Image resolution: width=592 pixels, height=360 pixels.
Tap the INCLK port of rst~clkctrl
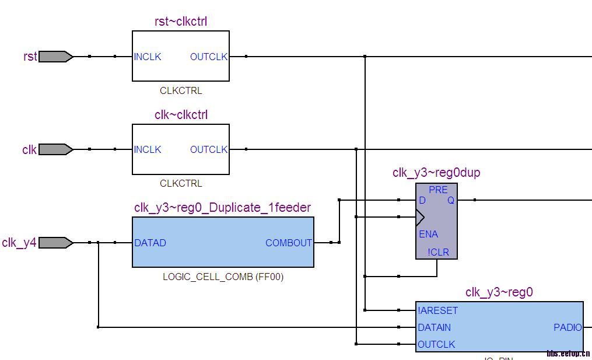pos(148,57)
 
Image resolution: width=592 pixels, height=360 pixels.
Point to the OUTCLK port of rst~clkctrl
pos(209,57)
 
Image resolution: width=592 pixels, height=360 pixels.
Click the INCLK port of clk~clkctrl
pos(148,150)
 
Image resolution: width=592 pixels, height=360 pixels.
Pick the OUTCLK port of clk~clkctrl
pos(209,150)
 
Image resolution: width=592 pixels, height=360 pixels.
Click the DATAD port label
pos(150,243)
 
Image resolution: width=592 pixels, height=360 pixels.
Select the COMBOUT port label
pos(289,243)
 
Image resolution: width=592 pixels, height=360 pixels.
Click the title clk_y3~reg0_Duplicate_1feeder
pos(222,208)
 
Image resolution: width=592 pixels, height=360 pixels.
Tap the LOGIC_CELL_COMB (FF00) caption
pos(223,277)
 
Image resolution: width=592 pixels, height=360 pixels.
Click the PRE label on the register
pos(438,190)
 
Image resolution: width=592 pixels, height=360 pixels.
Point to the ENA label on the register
pos(428,235)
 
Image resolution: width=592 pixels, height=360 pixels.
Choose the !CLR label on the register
pos(437,253)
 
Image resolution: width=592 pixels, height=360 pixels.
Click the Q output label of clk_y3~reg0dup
pos(451,201)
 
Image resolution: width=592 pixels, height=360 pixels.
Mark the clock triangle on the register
pos(420,218)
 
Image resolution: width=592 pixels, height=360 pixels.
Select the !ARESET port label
pos(438,311)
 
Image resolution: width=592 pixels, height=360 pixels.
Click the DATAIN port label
pos(434,328)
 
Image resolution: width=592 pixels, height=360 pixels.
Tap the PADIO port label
pos(568,328)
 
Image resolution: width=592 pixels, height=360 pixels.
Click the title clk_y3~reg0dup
pos(436,173)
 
